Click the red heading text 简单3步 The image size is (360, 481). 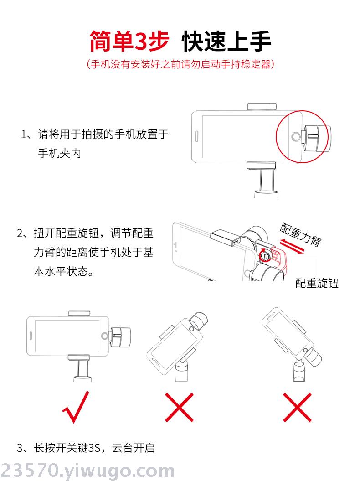point(129,41)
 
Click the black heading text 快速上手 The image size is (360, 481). point(226,41)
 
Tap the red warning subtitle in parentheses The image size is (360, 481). point(180,64)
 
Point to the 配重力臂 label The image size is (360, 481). point(300,234)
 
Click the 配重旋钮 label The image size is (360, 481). point(317,283)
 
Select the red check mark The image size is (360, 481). point(76,407)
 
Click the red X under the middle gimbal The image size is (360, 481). point(180,407)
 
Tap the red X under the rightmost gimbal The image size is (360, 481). point(297,407)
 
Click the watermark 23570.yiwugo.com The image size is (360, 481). point(87,471)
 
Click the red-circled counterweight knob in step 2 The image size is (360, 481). point(264,255)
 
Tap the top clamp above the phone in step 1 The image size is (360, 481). point(262,106)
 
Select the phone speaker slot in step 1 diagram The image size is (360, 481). point(197,136)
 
